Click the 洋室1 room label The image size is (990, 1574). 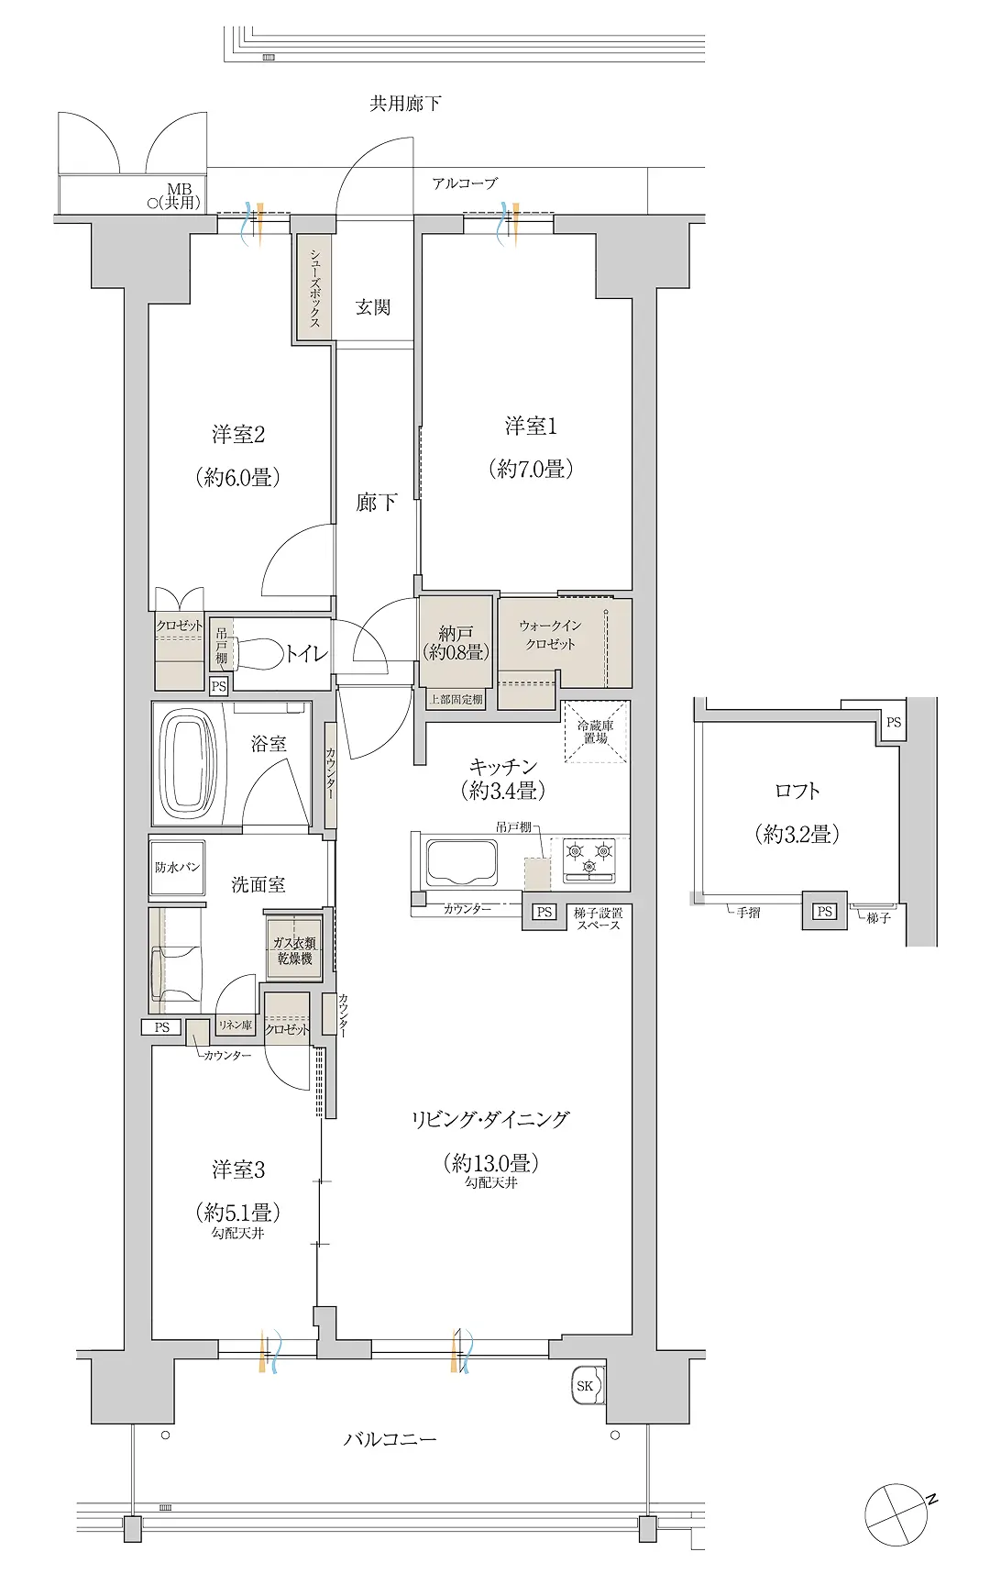(531, 427)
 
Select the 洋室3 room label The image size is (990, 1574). (238, 1169)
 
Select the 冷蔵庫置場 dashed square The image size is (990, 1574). (596, 731)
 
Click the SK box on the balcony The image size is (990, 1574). (586, 1385)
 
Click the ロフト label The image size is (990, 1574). (797, 791)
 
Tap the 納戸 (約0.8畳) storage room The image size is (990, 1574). (456, 643)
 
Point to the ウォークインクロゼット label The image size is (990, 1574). (550, 635)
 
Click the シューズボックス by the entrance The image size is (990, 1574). (314, 288)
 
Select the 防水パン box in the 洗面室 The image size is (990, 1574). (177, 867)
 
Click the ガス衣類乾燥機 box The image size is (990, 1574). (294, 949)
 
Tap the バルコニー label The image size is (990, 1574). (390, 1438)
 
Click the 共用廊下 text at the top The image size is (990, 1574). (405, 103)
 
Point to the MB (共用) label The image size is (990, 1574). (180, 195)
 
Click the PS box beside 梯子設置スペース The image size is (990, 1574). (544, 912)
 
